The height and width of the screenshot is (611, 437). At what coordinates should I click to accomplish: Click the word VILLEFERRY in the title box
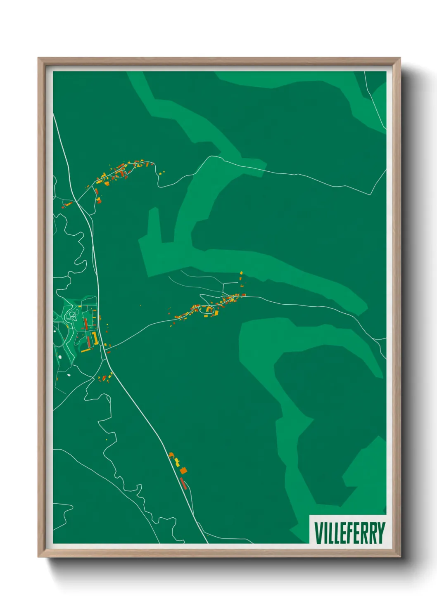tap(349, 533)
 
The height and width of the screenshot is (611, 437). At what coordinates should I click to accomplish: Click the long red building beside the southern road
tap(183, 483)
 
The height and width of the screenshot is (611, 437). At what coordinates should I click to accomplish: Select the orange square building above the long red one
tap(183, 470)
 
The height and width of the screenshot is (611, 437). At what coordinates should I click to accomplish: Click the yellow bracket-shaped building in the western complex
tap(95, 338)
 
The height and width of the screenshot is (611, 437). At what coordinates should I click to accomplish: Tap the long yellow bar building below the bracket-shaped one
tap(86, 350)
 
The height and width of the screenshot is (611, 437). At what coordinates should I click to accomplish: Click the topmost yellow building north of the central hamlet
tap(241, 273)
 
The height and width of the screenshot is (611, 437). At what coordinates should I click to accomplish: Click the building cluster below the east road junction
tap(105, 377)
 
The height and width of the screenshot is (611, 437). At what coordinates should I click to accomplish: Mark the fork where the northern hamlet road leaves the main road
tap(77, 202)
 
